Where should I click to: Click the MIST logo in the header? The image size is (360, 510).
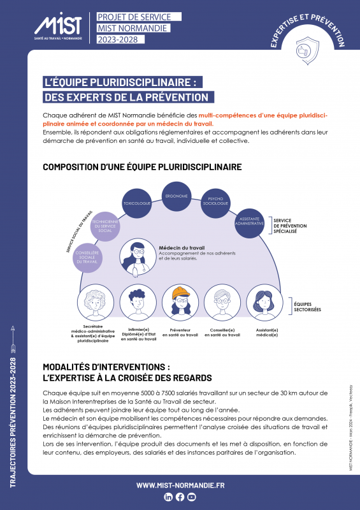(x=58, y=27)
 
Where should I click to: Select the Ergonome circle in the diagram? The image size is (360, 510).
(x=176, y=196)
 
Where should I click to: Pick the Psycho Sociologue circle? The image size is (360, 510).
(x=216, y=203)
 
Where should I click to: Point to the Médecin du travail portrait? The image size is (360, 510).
(x=136, y=257)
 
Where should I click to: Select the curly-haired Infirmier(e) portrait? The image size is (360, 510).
(x=138, y=303)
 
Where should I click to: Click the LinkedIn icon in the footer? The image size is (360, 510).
(x=169, y=497)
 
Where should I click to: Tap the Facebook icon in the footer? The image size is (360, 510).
(x=180, y=497)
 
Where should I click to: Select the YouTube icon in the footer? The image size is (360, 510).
(x=192, y=497)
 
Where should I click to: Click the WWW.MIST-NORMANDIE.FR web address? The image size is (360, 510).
(x=180, y=485)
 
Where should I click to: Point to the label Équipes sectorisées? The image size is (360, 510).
(x=308, y=307)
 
